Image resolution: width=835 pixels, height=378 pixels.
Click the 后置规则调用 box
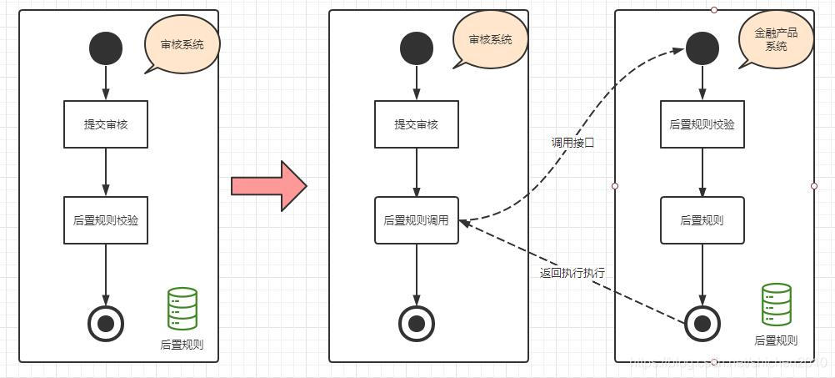click(416, 221)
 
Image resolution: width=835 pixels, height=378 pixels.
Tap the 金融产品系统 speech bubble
click(776, 40)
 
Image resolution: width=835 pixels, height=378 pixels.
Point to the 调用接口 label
click(572, 143)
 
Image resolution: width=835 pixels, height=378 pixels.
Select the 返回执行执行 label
click(572, 273)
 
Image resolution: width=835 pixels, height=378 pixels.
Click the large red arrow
click(268, 185)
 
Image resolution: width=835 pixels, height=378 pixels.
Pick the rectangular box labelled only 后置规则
click(702, 221)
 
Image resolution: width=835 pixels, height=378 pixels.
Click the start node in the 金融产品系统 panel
click(702, 48)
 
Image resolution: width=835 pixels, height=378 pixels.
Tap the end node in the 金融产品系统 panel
click(702, 323)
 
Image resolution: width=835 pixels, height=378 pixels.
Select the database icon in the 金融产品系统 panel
click(776, 305)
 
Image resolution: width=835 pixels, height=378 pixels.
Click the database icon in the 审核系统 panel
click(182, 309)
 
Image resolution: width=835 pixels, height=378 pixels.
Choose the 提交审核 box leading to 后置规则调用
click(416, 125)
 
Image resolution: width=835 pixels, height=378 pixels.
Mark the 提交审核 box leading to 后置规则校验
click(106, 125)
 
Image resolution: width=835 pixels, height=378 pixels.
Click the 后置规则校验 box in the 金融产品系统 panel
click(702, 125)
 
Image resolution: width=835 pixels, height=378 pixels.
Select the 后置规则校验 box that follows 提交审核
click(106, 221)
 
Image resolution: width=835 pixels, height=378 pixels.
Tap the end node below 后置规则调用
click(416, 323)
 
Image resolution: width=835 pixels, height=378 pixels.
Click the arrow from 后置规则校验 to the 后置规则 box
click(702, 173)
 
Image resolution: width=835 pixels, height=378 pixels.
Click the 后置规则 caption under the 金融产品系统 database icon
click(776, 340)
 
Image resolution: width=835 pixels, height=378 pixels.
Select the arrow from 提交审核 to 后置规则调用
click(416, 173)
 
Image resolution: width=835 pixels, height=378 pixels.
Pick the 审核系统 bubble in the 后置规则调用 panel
click(490, 40)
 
